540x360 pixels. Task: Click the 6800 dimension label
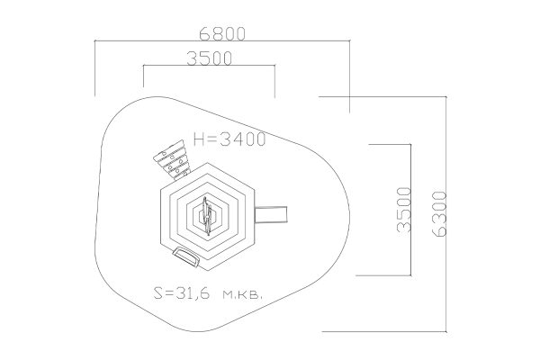click(222, 34)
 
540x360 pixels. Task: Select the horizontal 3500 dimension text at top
click(210, 58)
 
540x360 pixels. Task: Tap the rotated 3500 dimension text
click(404, 210)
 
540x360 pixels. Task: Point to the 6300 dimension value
click(439, 214)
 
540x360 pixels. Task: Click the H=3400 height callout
click(229, 139)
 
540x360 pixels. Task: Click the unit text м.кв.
click(243, 294)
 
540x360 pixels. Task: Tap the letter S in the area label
click(158, 292)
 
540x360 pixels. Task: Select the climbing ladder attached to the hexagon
click(172, 160)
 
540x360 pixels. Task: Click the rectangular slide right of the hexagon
click(271, 214)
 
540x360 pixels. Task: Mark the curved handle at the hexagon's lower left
click(186, 256)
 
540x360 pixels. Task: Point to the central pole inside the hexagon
click(207, 216)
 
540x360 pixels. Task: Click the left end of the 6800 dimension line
click(95, 40)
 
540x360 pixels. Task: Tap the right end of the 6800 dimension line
click(349, 40)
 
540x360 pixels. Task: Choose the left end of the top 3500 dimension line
click(144, 65)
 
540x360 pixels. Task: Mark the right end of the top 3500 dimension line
click(274, 65)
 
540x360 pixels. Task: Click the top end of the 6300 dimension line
click(446, 97)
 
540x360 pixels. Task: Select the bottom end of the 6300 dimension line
click(446, 332)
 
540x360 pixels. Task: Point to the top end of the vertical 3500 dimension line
click(411, 144)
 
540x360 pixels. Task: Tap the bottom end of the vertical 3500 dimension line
click(411, 275)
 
